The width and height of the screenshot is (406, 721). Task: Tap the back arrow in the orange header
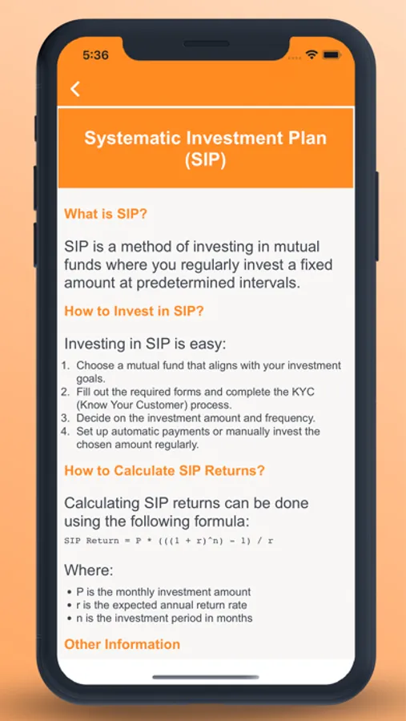[x=75, y=89]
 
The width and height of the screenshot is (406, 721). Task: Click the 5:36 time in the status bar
[x=95, y=55]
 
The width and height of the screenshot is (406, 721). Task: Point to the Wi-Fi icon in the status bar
[x=312, y=54]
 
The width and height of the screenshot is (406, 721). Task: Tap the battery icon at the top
[x=331, y=54]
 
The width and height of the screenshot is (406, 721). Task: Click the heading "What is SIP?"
[x=106, y=214]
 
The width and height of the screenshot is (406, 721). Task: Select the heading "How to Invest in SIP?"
[x=134, y=311]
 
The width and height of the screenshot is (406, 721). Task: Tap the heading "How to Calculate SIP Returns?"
[x=165, y=471]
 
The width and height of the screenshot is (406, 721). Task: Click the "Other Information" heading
[x=122, y=644]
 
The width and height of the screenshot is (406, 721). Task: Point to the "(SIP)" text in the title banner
[x=206, y=161]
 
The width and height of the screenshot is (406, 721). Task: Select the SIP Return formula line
[x=169, y=541]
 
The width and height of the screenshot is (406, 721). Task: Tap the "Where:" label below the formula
[x=89, y=570]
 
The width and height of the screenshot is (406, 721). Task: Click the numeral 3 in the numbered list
[x=66, y=418]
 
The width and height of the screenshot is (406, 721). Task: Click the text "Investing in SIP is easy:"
[x=145, y=344]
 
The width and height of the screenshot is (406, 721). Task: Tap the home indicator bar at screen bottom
[x=206, y=677]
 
